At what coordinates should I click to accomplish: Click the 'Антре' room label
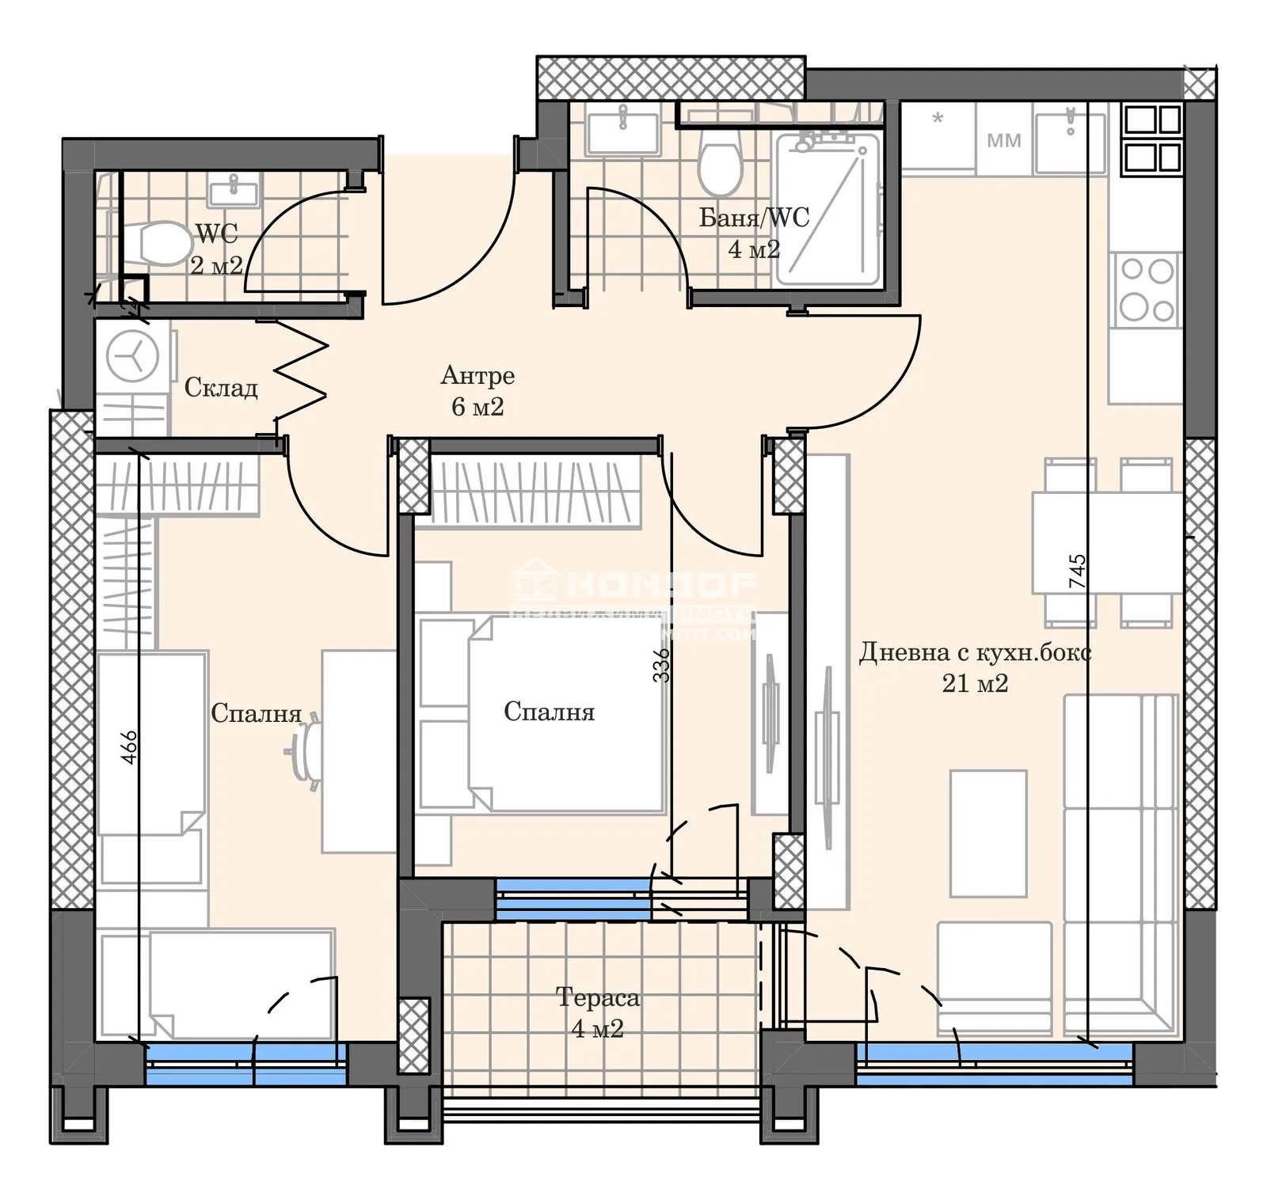[478, 375]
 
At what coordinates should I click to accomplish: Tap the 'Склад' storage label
[221, 388]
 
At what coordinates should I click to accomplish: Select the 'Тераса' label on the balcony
[597, 997]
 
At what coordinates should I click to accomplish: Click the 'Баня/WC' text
[754, 218]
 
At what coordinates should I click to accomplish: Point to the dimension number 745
[1078, 571]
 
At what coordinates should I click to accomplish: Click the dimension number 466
[129, 746]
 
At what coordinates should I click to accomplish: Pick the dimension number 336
[661, 665]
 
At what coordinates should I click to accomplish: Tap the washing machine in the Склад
[132, 356]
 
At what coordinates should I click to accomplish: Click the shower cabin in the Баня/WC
[828, 210]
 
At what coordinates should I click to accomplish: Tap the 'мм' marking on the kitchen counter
[1003, 141]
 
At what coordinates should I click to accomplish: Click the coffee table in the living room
[987, 834]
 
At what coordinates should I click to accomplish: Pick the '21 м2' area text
[975, 683]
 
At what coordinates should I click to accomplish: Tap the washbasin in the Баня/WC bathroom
[622, 133]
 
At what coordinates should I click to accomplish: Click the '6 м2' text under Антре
[478, 407]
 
